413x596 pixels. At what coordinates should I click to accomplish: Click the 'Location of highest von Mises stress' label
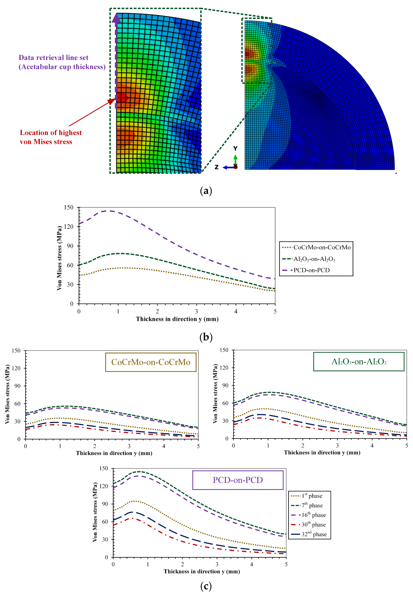51,137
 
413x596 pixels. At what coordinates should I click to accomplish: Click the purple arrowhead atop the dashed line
116,18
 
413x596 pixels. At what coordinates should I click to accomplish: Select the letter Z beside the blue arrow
217,167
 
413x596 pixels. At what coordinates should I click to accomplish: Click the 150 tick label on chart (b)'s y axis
69,207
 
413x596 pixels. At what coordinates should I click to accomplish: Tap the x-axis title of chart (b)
177,319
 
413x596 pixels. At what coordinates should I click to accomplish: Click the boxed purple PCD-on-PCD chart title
238,480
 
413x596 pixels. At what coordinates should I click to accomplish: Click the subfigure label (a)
206,191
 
